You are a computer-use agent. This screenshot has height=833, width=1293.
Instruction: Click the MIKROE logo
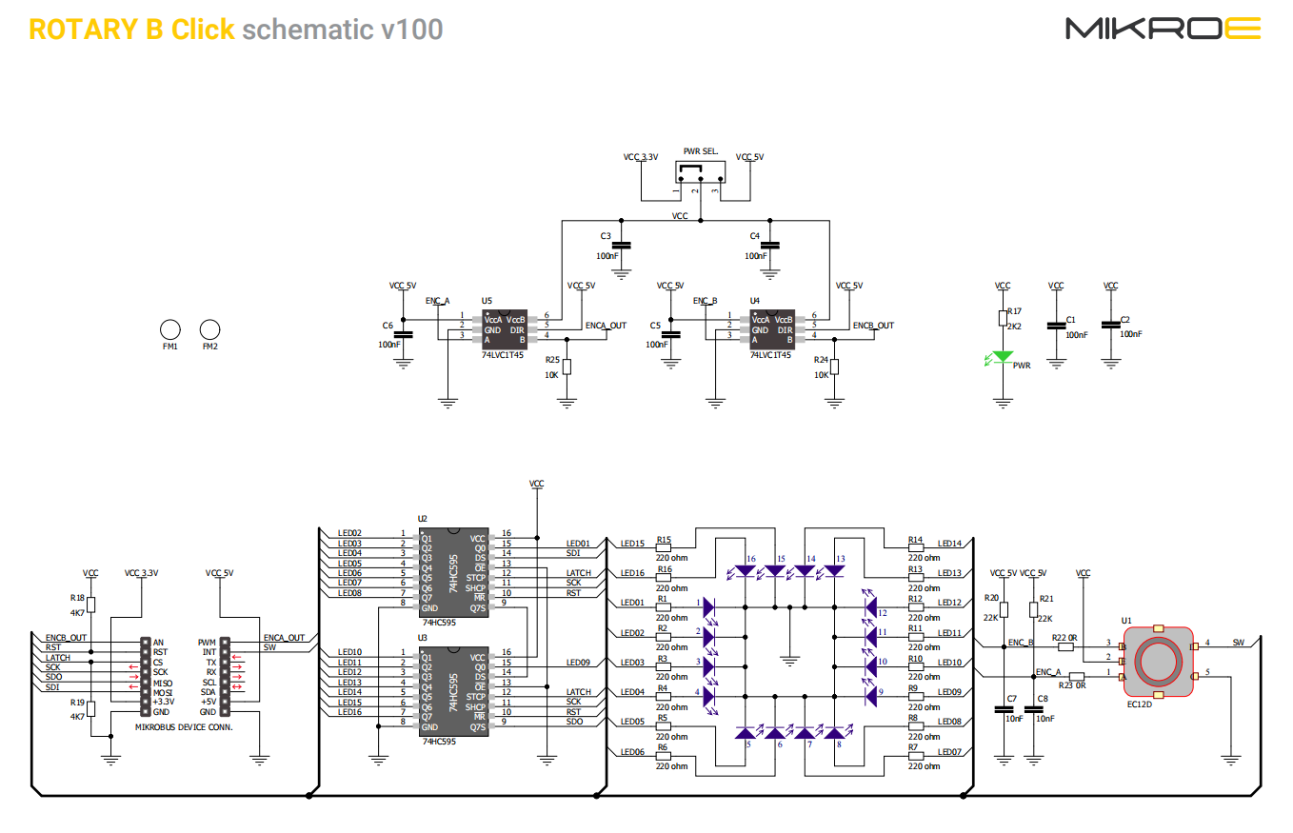click(1163, 29)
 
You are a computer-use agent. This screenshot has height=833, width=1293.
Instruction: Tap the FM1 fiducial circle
click(170, 329)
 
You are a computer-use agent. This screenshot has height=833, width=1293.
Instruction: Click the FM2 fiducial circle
click(210, 329)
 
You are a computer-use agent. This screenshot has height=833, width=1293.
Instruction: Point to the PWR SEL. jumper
click(700, 172)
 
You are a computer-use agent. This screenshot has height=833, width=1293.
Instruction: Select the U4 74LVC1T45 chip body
click(772, 328)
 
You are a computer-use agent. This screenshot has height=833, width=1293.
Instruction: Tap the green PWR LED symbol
click(1002, 359)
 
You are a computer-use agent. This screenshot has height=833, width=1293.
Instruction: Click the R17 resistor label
click(1014, 311)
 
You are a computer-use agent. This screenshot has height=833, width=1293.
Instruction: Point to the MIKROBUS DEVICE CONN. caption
click(184, 726)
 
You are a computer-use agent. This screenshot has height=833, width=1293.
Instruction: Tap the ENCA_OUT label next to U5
click(606, 326)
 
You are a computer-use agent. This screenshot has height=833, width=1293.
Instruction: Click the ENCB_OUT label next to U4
click(873, 326)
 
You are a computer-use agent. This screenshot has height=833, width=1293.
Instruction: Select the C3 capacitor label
click(606, 235)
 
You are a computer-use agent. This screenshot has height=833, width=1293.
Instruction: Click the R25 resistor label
click(552, 361)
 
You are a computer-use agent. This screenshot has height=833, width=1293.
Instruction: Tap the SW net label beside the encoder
click(1238, 643)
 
